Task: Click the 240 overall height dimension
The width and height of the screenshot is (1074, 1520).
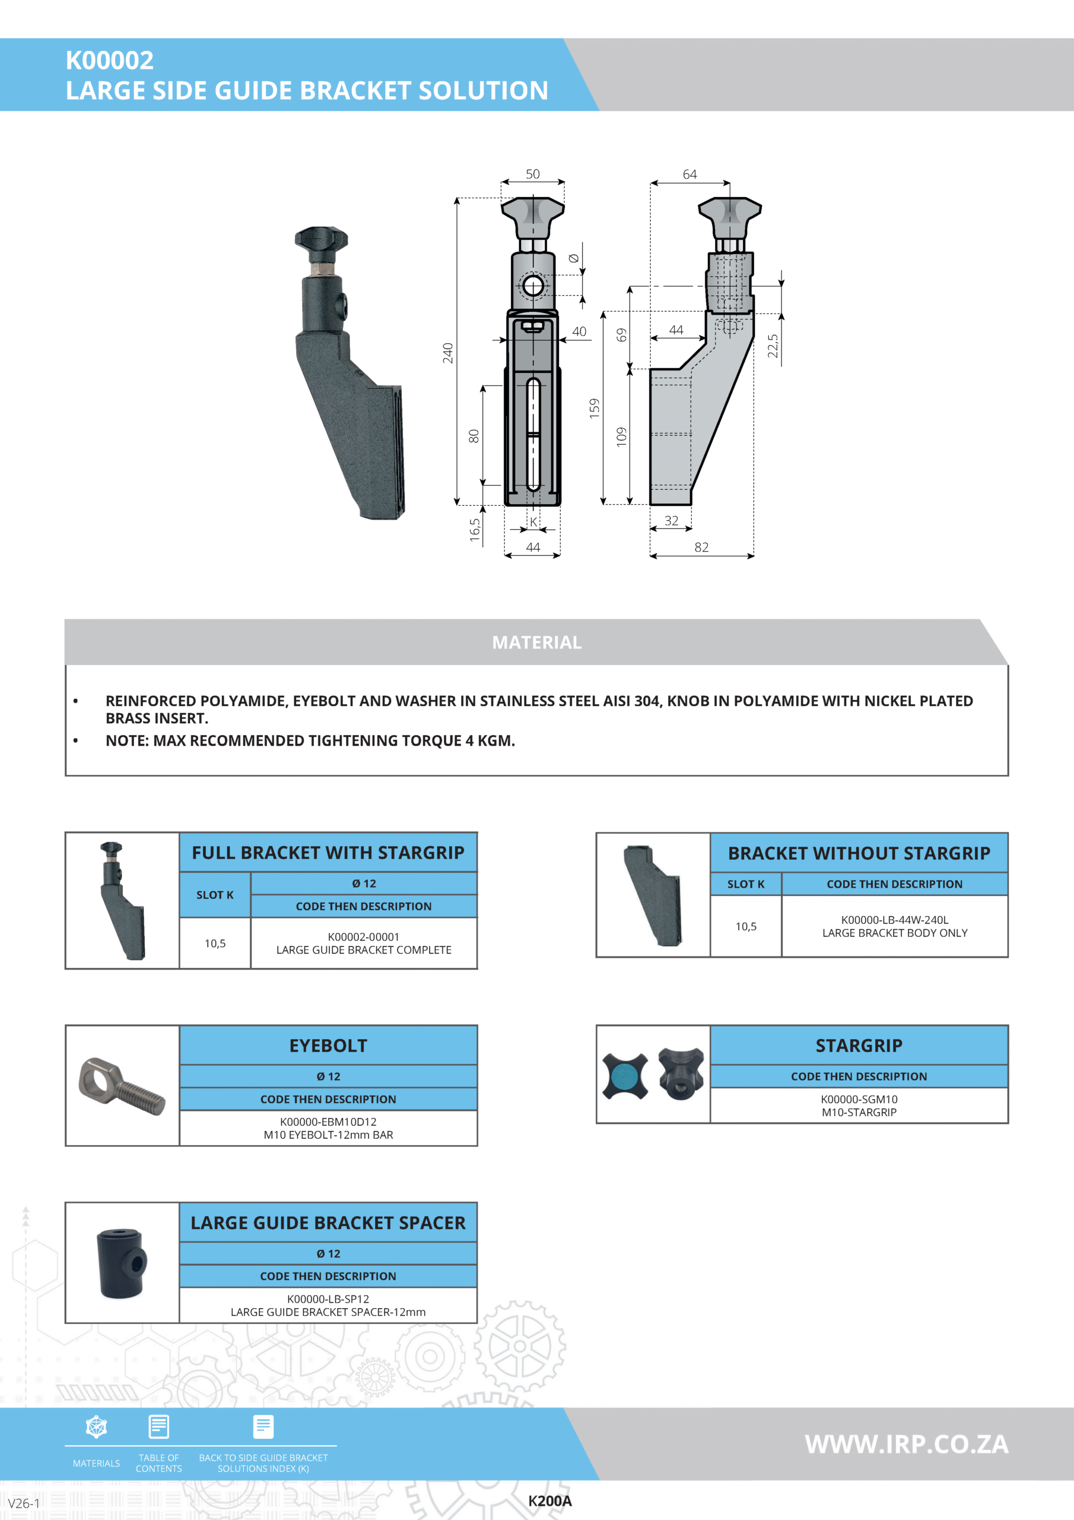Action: pyautogui.click(x=448, y=353)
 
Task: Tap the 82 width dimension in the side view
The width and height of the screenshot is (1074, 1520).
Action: pyautogui.click(x=701, y=547)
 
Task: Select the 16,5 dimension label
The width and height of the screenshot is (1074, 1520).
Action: pyautogui.click(x=475, y=530)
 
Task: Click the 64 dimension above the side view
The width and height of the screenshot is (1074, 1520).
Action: pyautogui.click(x=689, y=174)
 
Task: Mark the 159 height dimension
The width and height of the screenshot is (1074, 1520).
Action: pyautogui.click(x=594, y=408)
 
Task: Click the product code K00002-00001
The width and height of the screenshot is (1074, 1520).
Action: pyautogui.click(x=363, y=937)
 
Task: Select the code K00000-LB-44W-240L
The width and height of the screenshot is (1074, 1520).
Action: pyautogui.click(x=895, y=920)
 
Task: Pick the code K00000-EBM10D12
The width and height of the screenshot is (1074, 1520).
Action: pyautogui.click(x=328, y=1122)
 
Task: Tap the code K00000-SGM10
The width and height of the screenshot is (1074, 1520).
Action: pyautogui.click(x=859, y=1099)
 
